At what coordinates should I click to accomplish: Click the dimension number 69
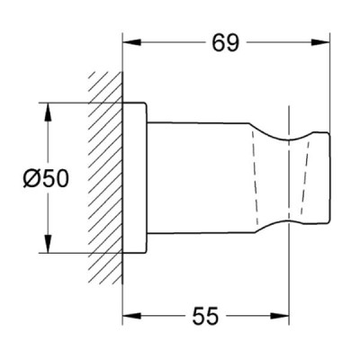coord(226,43)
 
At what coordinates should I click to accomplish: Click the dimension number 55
coord(205,316)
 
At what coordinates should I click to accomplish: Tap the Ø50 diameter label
coord(46,178)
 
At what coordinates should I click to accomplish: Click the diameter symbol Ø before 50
coord(31,178)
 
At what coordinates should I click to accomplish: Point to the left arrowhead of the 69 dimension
coord(132,42)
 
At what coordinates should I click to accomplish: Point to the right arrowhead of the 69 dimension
coord(320,42)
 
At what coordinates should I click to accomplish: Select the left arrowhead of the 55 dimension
coord(132,316)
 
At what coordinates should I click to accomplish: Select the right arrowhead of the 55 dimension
coord(280,316)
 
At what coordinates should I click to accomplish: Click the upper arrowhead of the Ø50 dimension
coord(48,112)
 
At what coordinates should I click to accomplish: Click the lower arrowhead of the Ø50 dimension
coord(48,244)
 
